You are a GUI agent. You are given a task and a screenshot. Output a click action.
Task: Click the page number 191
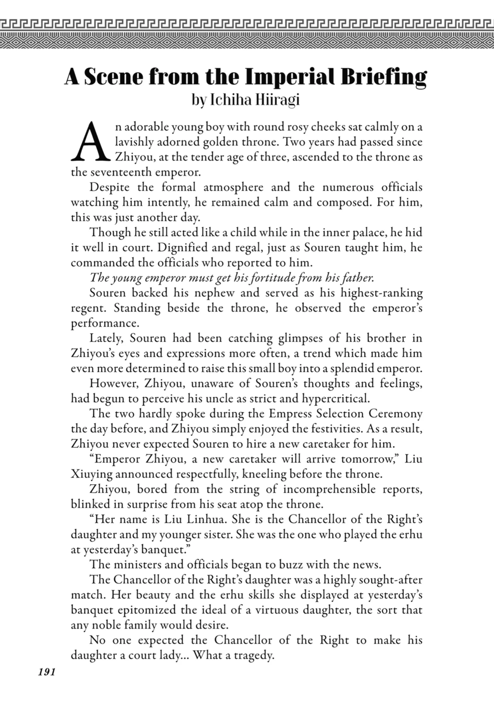(47, 672)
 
